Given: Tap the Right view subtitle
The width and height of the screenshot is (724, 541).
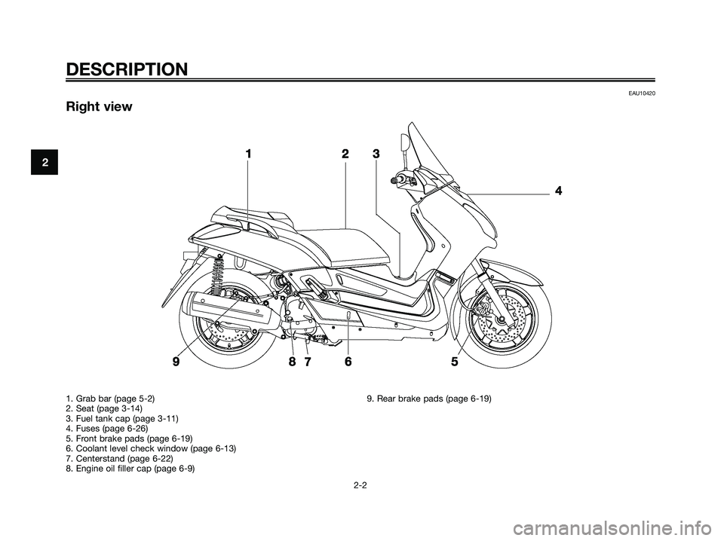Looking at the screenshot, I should point(98,107).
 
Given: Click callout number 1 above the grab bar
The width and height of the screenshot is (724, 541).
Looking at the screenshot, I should point(247,154).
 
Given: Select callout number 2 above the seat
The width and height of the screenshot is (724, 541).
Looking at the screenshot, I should point(345,154).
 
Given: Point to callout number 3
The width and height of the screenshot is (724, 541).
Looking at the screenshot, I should point(376,154).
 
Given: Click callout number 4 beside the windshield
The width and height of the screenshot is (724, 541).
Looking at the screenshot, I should point(558,191).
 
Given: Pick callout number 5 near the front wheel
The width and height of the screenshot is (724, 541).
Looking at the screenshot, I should point(454,362).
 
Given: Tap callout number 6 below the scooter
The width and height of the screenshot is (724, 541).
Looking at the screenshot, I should point(348,362).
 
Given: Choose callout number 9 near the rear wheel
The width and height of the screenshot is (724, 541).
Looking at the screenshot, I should point(176,362).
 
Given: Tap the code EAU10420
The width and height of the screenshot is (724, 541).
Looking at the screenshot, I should point(640,92).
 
